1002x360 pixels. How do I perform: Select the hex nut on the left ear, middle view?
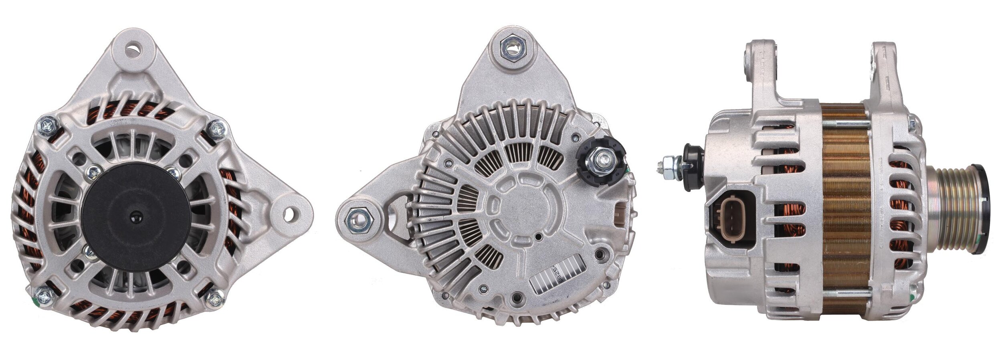pyautogui.click(x=357, y=218)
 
